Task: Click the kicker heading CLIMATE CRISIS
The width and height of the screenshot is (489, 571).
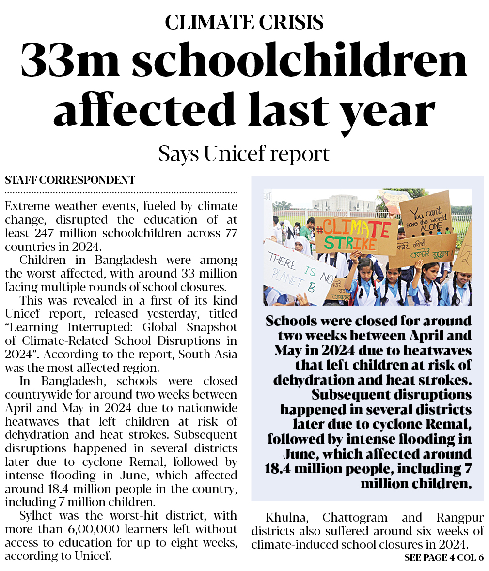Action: (244, 22)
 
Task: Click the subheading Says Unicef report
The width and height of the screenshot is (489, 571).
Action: (244, 154)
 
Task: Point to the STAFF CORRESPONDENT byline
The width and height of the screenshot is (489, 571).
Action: (70, 181)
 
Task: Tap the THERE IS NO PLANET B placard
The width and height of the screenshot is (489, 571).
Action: (298, 273)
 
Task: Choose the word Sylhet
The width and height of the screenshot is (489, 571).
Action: (37, 516)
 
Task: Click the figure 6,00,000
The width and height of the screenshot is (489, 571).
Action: (86, 529)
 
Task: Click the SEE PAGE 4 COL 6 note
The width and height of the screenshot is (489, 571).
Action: (443, 557)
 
